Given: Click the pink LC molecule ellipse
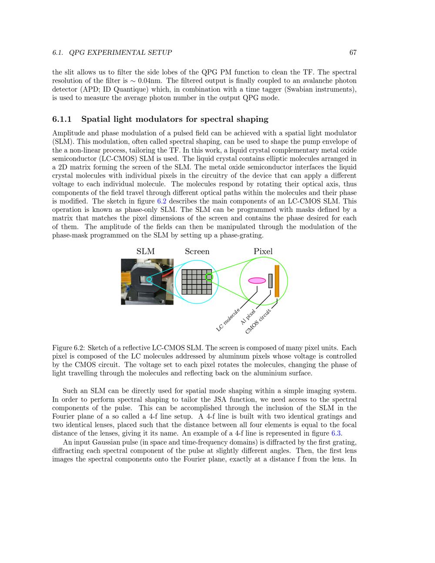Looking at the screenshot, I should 257,281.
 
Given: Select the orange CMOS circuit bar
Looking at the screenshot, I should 277,281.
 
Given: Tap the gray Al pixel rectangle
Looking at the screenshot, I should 270,281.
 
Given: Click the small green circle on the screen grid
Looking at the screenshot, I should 209,277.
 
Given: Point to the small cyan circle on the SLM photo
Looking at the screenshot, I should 149,279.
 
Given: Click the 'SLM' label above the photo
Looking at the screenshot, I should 145,251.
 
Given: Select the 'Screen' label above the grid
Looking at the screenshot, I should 197,251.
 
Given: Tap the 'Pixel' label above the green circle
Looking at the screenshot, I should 263,251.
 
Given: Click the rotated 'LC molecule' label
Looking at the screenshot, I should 228,320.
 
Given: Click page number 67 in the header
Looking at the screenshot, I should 353,53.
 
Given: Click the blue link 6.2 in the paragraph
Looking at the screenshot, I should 161,201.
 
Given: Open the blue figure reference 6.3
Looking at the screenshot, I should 336,433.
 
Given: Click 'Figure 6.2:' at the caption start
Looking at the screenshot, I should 68,348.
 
